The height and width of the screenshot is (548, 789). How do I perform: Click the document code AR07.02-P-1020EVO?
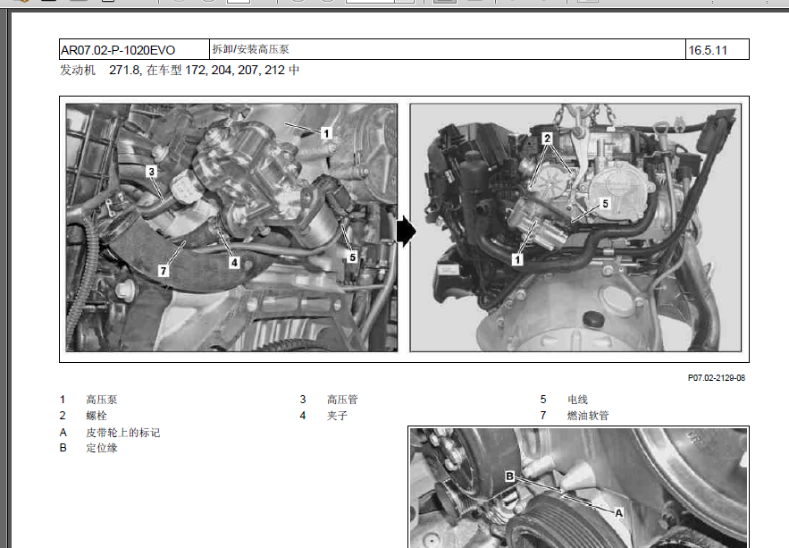click(x=118, y=50)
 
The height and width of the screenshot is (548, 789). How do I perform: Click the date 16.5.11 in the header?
click(x=708, y=50)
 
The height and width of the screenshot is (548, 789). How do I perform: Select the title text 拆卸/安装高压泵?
click(x=250, y=49)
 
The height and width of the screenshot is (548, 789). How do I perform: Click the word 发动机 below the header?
click(x=78, y=70)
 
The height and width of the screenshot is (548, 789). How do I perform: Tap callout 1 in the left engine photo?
click(x=326, y=133)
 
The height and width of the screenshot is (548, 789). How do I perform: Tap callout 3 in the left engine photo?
click(x=152, y=172)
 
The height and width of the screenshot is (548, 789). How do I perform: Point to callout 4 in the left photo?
click(x=234, y=262)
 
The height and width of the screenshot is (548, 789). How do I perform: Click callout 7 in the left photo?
click(x=163, y=271)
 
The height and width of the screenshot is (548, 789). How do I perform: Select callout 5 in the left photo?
click(x=352, y=257)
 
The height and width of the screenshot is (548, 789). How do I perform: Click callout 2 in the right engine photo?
click(x=547, y=139)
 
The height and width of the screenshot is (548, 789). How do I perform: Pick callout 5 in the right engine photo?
click(x=605, y=204)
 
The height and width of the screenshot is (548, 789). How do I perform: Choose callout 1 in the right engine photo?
click(x=516, y=259)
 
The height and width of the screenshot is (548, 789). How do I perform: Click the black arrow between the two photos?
click(x=406, y=232)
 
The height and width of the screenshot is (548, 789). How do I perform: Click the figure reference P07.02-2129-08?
click(x=717, y=378)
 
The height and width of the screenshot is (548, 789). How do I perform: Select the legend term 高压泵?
click(x=102, y=400)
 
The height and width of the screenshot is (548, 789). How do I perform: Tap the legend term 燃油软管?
click(x=588, y=416)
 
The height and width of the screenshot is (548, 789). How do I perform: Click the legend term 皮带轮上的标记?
click(x=122, y=433)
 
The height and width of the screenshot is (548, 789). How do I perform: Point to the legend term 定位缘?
click(x=102, y=448)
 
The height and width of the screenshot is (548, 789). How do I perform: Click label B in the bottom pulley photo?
click(x=509, y=476)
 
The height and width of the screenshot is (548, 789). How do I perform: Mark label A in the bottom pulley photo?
click(x=619, y=513)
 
